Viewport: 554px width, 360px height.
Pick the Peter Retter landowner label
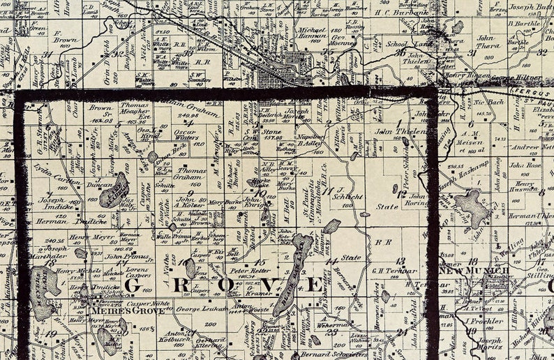250,270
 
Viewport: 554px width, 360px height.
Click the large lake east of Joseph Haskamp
472,207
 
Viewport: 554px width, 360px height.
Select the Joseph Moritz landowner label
489,344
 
